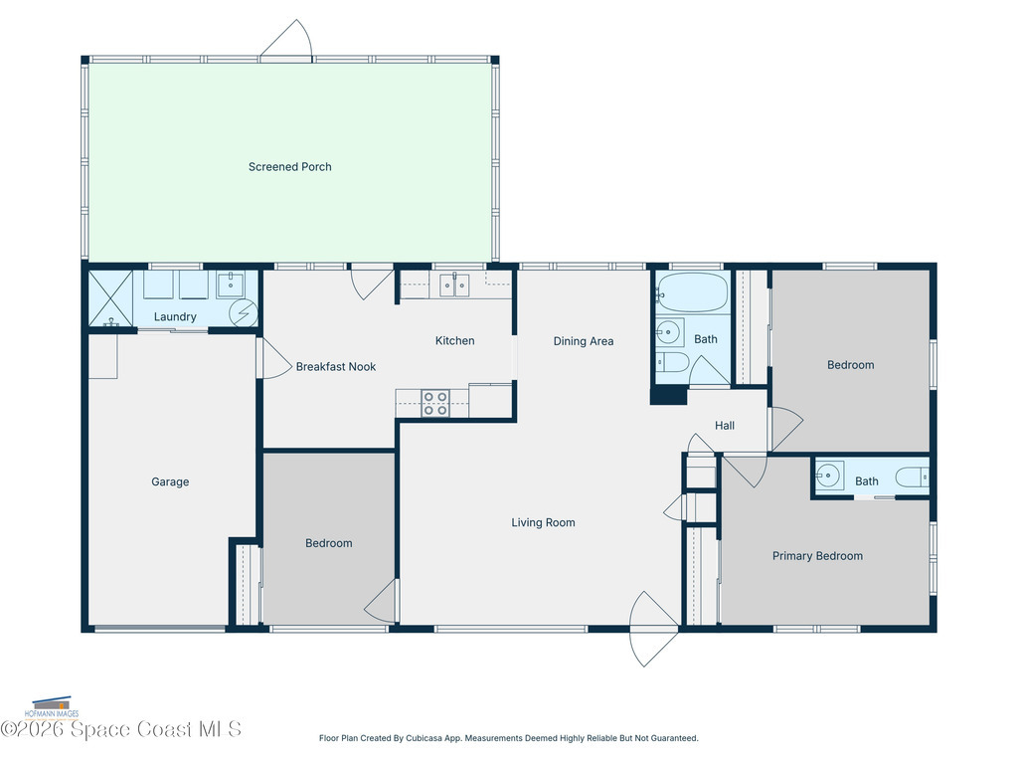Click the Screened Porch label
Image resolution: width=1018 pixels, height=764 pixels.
point(289,167)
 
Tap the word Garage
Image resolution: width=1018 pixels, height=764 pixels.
point(170,482)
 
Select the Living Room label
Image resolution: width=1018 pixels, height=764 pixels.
point(543,523)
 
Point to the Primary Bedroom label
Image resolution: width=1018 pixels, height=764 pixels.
point(817,556)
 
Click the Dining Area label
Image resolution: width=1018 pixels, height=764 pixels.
point(584,341)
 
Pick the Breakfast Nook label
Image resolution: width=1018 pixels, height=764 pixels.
point(336,367)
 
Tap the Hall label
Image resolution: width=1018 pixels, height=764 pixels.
point(725,426)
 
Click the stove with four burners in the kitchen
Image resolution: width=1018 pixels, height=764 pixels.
point(434,403)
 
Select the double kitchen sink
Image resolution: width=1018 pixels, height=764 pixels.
point(454,286)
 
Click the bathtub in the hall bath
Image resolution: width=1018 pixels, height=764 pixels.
point(693,292)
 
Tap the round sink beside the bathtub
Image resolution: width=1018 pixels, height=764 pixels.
point(669,331)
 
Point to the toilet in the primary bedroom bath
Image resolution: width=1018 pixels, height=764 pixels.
point(912,477)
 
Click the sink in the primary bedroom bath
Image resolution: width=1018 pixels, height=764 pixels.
point(829,474)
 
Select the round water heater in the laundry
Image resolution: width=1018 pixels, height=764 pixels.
point(243,314)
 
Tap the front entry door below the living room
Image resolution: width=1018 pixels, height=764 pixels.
point(653,629)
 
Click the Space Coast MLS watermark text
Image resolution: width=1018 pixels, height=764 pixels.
point(121,730)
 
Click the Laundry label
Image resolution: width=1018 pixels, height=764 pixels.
point(175,317)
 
